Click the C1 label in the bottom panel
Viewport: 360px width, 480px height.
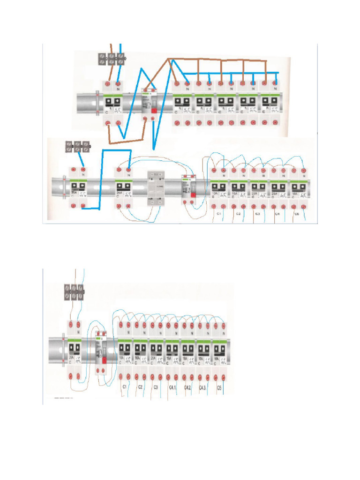tap(125, 387)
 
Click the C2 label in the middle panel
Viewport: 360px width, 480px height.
tap(238, 214)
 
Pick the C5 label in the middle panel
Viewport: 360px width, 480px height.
tap(297, 214)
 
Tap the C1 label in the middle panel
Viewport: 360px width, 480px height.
tap(218, 214)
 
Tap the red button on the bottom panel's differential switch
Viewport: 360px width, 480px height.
tap(105, 360)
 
